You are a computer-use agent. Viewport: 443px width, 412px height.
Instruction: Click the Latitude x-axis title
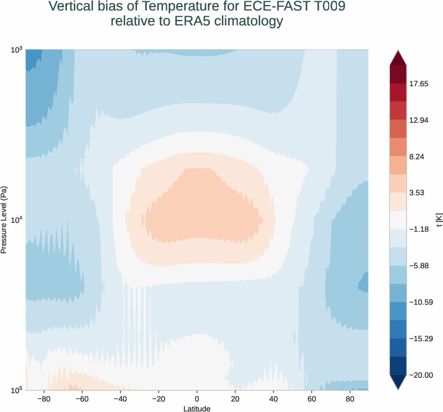pyautogui.click(x=197, y=408)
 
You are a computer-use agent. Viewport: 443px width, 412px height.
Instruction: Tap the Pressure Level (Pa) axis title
pyautogui.click(x=4, y=220)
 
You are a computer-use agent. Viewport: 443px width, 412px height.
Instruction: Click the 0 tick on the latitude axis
pyautogui.click(x=197, y=398)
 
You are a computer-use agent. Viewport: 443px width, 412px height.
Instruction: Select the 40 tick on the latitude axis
pyautogui.click(x=273, y=398)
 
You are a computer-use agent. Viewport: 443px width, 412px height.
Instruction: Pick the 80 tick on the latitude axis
pyautogui.click(x=350, y=398)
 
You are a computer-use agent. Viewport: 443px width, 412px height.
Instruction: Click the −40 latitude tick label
pyautogui.click(x=119, y=398)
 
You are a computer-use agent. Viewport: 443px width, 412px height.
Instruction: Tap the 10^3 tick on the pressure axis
pyautogui.click(x=16, y=50)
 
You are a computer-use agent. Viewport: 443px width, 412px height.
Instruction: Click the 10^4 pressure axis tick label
pyautogui.click(x=16, y=220)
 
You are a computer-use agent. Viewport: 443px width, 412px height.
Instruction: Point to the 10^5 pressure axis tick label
pyautogui.click(x=16, y=390)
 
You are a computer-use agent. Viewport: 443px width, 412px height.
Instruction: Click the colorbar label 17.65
pyautogui.click(x=418, y=84)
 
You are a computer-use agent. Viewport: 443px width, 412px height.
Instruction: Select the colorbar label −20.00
pyautogui.click(x=420, y=375)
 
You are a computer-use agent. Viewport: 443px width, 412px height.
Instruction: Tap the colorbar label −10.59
pyautogui.click(x=420, y=302)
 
